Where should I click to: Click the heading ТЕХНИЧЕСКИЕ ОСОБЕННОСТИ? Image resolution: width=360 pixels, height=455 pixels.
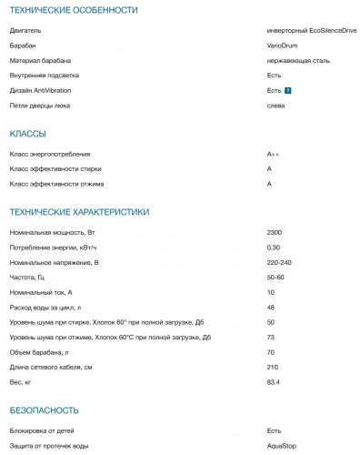click(x=74, y=10)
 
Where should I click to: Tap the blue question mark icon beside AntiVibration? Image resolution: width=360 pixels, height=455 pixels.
click(x=288, y=91)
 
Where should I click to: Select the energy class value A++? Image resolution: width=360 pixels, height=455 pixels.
click(x=274, y=155)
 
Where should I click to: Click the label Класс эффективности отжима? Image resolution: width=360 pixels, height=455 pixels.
click(x=56, y=185)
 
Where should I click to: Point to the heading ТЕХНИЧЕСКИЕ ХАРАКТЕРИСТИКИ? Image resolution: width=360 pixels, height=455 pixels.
click(x=79, y=212)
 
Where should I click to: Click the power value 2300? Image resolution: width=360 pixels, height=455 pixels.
click(x=275, y=233)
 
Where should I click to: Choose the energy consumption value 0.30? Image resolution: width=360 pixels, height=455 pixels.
click(x=274, y=248)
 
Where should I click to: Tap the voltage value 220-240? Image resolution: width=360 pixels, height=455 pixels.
click(x=280, y=262)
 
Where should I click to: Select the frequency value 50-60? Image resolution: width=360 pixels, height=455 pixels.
click(x=276, y=277)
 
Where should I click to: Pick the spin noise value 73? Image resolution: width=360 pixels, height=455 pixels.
click(x=271, y=338)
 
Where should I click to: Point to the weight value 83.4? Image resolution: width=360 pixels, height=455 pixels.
click(x=274, y=382)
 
